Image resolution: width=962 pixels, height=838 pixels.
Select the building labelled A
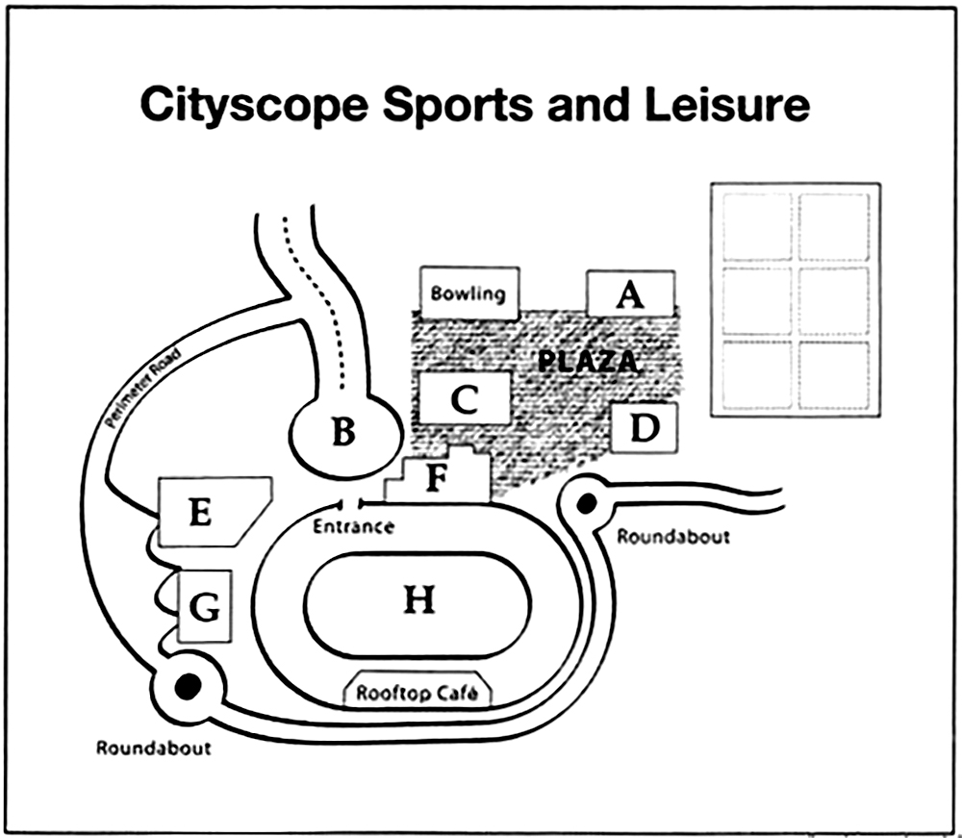630,292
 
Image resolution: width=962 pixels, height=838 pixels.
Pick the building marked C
465,397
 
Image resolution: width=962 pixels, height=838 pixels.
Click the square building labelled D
645,427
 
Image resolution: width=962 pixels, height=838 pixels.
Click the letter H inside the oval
418,599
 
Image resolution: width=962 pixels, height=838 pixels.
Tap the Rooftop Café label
418,692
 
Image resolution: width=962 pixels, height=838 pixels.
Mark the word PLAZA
587,363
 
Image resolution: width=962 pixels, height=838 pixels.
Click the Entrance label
353,526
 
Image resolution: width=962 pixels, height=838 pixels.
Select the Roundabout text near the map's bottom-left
153,747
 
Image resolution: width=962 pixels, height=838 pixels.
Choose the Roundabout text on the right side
672,536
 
